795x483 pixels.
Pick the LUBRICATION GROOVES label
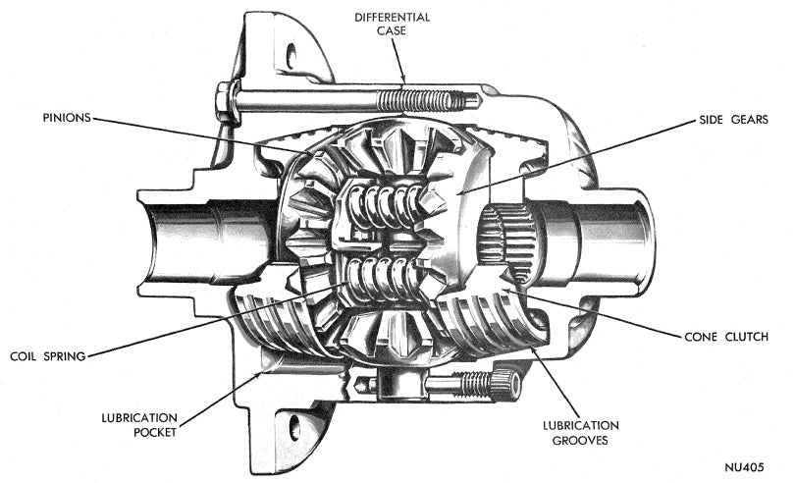(x=581, y=433)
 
